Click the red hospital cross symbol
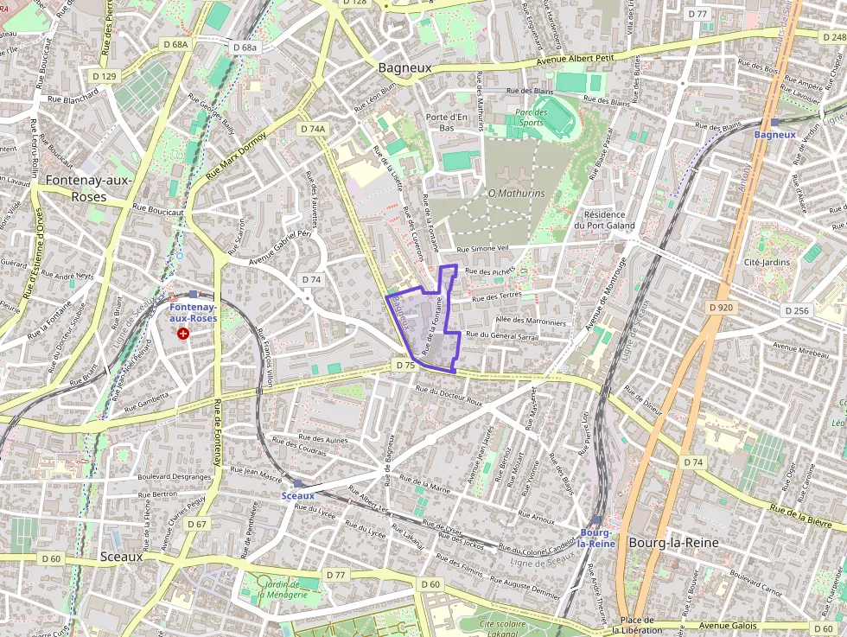pyautogui.click(x=182, y=333)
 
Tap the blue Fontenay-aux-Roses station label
pyautogui.click(x=194, y=313)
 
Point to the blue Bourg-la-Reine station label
pyautogui.click(x=596, y=538)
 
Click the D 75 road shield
pyautogui.click(x=405, y=366)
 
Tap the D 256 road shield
pyautogui.click(x=798, y=310)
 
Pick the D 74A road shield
pyautogui.click(x=314, y=129)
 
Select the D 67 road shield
pyautogui.click(x=196, y=524)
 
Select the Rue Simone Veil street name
pyautogui.click(x=489, y=249)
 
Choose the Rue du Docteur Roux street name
pyautogui.click(x=449, y=393)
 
